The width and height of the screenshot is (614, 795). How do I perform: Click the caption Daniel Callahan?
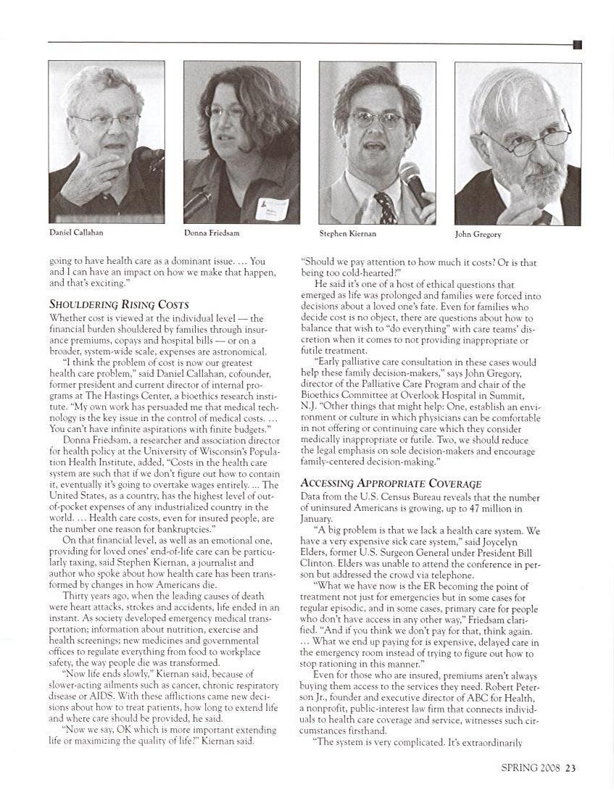pos(75,233)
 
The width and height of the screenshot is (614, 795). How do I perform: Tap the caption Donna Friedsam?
pos(211,233)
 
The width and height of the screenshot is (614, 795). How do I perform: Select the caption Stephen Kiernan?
pos(347,233)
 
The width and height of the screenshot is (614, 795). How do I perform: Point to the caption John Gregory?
pos(478,234)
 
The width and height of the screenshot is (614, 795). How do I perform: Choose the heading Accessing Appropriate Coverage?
pos(391,483)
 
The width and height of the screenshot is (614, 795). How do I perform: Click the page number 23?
pos(571,769)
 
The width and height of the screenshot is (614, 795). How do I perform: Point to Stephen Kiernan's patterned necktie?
pos(384,207)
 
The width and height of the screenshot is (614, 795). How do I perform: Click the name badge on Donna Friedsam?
pos(272,209)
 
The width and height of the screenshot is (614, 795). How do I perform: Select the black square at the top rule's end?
pos(577,45)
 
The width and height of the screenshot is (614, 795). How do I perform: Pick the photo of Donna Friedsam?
pos(241,142)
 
